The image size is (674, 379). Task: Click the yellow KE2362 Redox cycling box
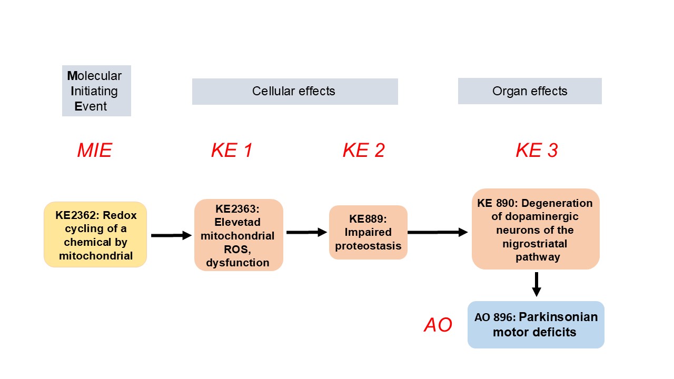coord(95,235)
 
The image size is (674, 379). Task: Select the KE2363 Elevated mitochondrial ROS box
coord(239,235)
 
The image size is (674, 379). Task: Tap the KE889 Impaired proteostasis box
coord(368,232)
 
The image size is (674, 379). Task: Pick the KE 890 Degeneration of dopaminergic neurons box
coord(536,230)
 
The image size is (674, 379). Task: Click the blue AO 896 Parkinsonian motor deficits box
coord(536,325)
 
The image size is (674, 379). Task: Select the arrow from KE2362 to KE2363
coord(171,235)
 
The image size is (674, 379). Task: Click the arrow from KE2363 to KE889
coord(306,232)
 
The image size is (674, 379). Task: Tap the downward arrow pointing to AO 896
coord(537,285)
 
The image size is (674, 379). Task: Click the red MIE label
coord(95,151)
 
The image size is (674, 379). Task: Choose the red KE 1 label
coord(232,151)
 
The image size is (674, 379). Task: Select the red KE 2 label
coord(363,151)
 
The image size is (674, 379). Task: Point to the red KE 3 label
coord(537,151)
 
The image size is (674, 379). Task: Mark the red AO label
coord(438,325)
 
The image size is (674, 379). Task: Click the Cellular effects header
coord(294,91)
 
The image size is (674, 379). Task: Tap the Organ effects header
coord(530,91)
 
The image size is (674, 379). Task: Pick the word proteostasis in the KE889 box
coord(368,246)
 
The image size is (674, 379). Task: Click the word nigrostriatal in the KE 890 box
coord(536,244)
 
